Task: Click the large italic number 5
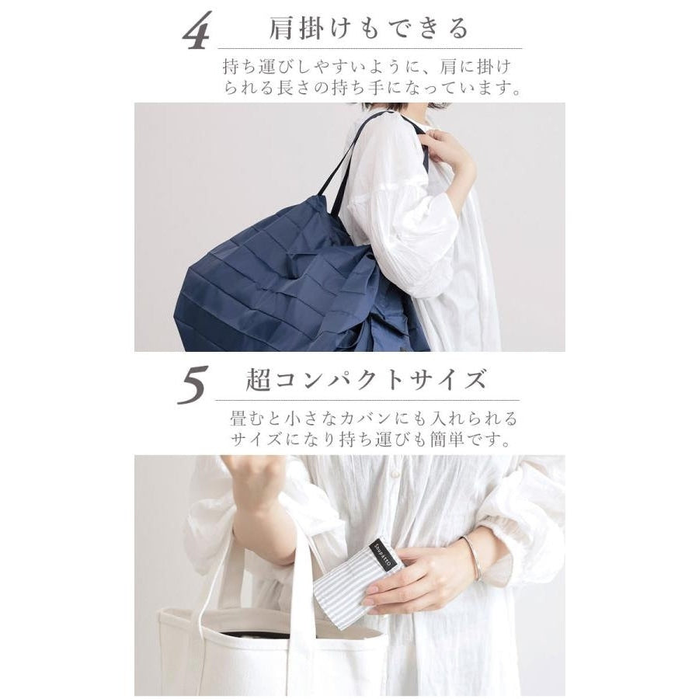193,384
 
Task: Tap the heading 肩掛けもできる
369,28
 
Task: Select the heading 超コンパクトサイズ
366,381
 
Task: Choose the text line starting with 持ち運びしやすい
367,67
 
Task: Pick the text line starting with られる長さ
373,87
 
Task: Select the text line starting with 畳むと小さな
374,419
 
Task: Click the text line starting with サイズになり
370,440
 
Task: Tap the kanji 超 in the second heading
258,381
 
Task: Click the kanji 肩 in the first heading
282,28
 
